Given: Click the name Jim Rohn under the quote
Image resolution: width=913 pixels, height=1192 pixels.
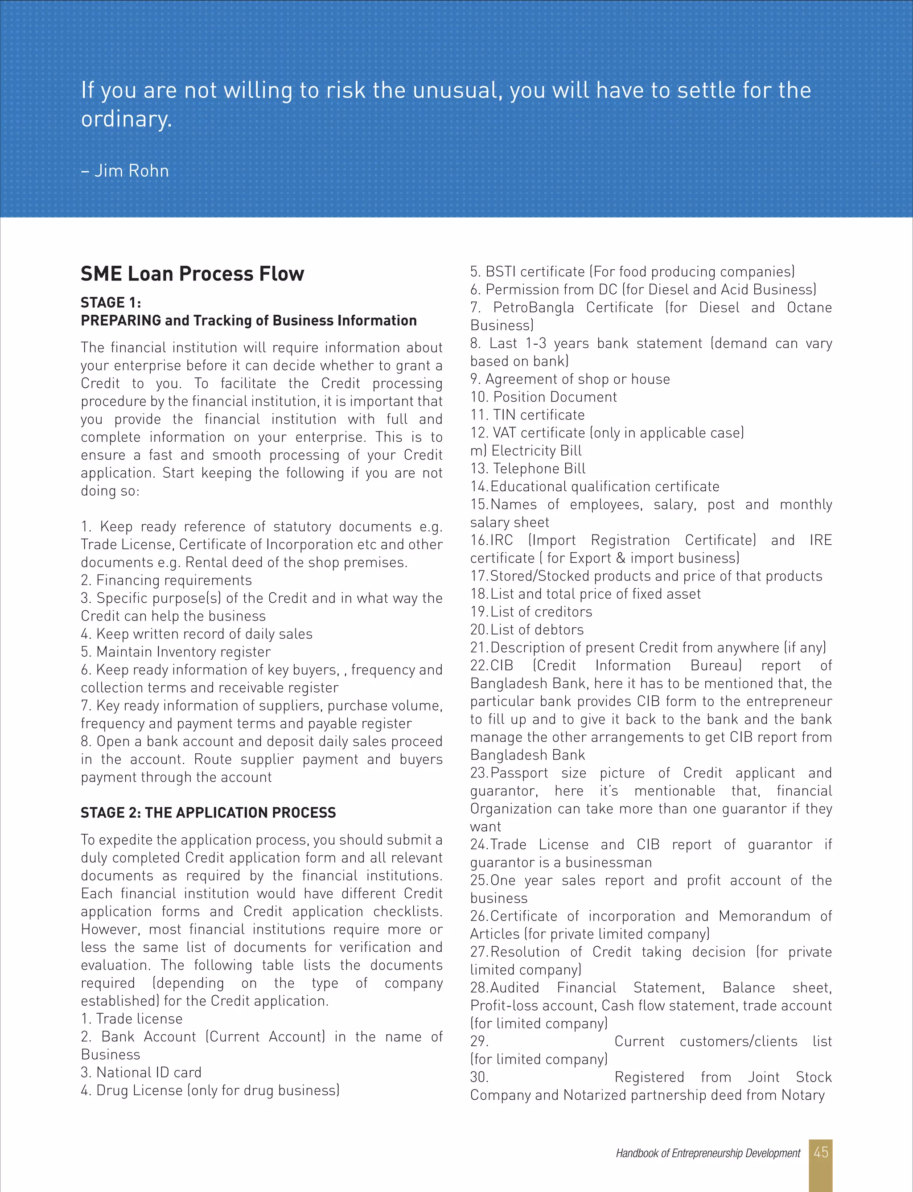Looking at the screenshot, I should tap(131, 171).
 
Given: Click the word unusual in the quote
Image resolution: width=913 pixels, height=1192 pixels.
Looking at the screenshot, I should tap(456, 90).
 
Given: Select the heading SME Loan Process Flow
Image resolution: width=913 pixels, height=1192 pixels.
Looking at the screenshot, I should tap(193, 273).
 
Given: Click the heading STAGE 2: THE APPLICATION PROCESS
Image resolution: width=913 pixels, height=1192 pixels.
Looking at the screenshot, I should tap(208, 813).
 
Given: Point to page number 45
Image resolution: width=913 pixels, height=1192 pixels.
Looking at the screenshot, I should tap(821, 1152).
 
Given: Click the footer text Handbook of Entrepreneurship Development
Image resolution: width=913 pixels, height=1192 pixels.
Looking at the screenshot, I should tap(707, 1153).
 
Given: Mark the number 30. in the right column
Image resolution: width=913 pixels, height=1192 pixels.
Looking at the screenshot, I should tap(479, 1077).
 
